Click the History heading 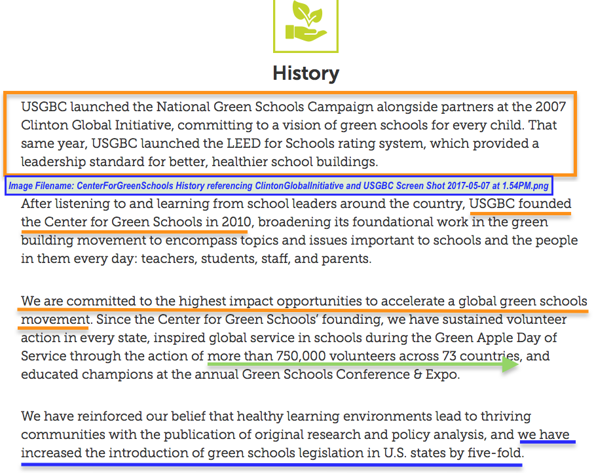coord(306,73)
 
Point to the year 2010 coord(233,222)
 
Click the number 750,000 coord(300,357)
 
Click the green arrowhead coord(511,365)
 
